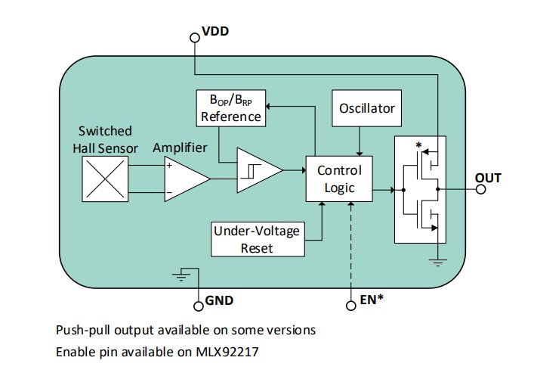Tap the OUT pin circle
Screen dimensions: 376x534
coord(481,189)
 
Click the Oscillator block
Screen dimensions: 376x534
coord(366,109)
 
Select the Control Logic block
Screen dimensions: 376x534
coord(339,179)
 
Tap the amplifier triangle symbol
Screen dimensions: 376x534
coord(184,179)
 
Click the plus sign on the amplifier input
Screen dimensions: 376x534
coord(170,165)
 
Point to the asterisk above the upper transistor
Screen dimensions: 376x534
coord(417,144)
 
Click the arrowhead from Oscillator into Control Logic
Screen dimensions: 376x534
coord(359,154)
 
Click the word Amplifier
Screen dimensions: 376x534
coord(180,148)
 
